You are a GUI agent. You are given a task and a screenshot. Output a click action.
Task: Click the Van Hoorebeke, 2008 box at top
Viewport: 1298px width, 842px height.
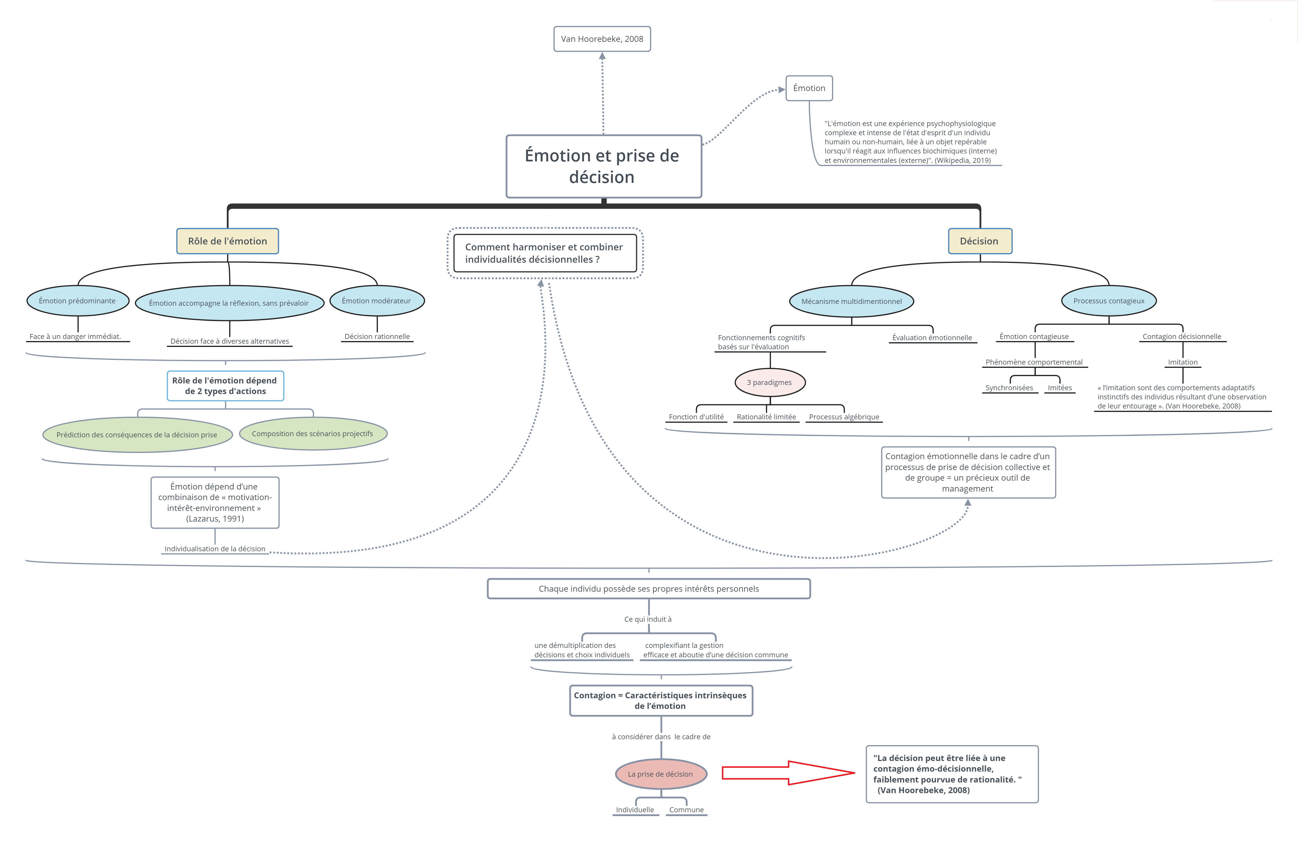[602, 39]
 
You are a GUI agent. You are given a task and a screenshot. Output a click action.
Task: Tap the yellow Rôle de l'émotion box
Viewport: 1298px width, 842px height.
[227, 241]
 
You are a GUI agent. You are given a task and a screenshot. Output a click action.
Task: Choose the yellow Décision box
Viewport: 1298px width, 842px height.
[980, 241]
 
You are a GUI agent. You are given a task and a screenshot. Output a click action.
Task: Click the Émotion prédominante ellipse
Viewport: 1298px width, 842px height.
[77, 300]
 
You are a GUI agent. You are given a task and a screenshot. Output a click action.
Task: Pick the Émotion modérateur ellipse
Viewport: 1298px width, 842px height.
[377, 300]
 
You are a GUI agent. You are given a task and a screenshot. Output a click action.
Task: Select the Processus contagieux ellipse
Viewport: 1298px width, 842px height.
[1109, 300]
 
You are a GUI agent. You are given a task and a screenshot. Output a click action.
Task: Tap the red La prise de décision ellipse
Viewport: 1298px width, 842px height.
[661, 774]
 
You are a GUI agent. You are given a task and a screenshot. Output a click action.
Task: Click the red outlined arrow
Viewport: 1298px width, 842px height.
[788, 773]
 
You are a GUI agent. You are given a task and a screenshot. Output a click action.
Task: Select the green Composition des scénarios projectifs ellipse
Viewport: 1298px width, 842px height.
[313, 434]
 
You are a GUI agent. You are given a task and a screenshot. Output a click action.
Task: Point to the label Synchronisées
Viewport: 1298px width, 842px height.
[1009, 388]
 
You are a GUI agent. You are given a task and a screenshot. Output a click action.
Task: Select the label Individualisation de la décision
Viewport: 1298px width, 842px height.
[215, 549]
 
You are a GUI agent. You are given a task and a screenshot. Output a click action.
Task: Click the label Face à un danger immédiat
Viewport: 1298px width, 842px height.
[75, 336]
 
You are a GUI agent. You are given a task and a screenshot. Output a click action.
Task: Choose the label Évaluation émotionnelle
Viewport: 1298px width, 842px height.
[932, 338]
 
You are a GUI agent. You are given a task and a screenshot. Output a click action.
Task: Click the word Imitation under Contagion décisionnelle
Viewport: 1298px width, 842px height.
[1183, 362]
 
